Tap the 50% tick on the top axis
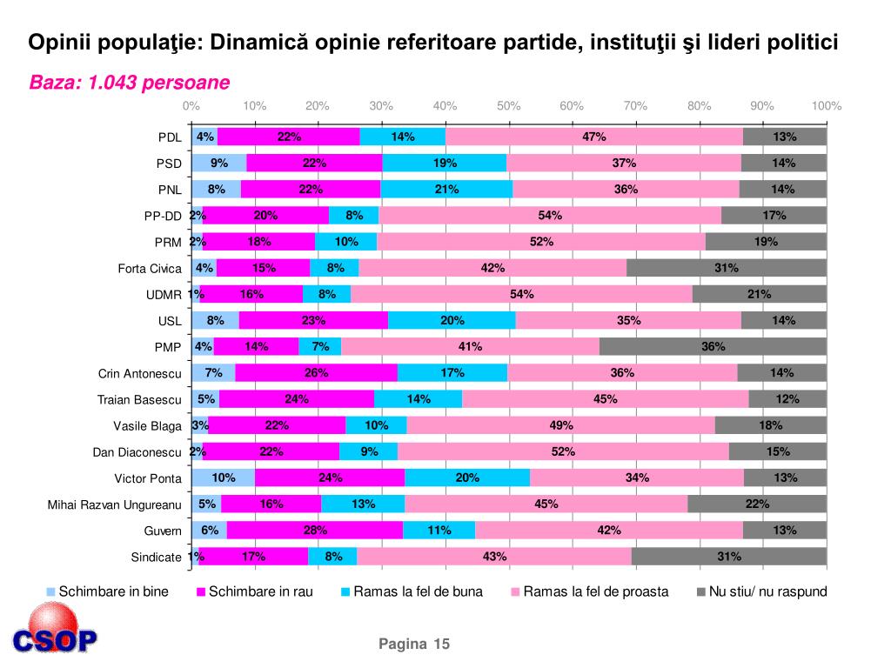pyautogui.click(x=508, y=106)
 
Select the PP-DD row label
pyautogui.click(x=163, y=216)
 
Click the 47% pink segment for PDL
pyautogui.click(x=594, y=137)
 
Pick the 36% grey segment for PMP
pyautogui.click(x=713, y=347)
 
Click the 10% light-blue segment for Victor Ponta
pyautogui.click(x=224, y=478)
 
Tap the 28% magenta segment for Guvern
pyautogui.click(x=315, y=531)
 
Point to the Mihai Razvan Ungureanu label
pyautogui.click(x=114, y=504)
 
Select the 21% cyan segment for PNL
pyautogui.click(x=446, y=189)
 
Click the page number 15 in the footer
pyautogui.click(x=441, y=644)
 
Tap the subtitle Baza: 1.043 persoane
pyautogui.click(x=130, y=83)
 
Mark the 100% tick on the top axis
pyautogui.click(x=826, y=106)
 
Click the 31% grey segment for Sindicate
pyautogui.click(x=729, y=557)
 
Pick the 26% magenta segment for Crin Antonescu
pyautogui.click(x=316, y=373)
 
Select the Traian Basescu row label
pyautogui.click(x=139, y=400)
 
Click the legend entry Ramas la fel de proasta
pyautogui.click(x=595, y=592)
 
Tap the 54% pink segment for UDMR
pyautogui.click(x=522, y=294)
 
